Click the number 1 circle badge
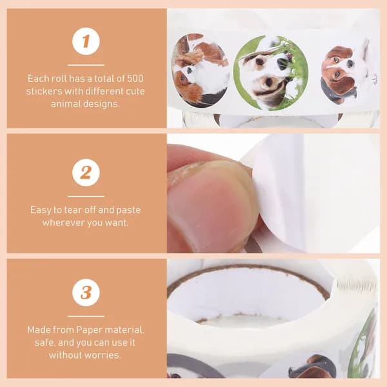pos(86,41)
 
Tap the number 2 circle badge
pos(86,172)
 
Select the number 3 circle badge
pos(86,292)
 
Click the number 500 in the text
pos(135,79)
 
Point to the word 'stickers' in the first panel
pos(44,92)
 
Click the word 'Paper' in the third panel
pos(89,330)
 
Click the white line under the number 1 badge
pos(86,65)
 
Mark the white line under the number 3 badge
pos(86,316)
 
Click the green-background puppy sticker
pos(270,73)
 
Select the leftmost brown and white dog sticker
pos(201,70)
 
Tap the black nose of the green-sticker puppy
pos(283,63)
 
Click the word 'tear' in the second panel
pos(73,210)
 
